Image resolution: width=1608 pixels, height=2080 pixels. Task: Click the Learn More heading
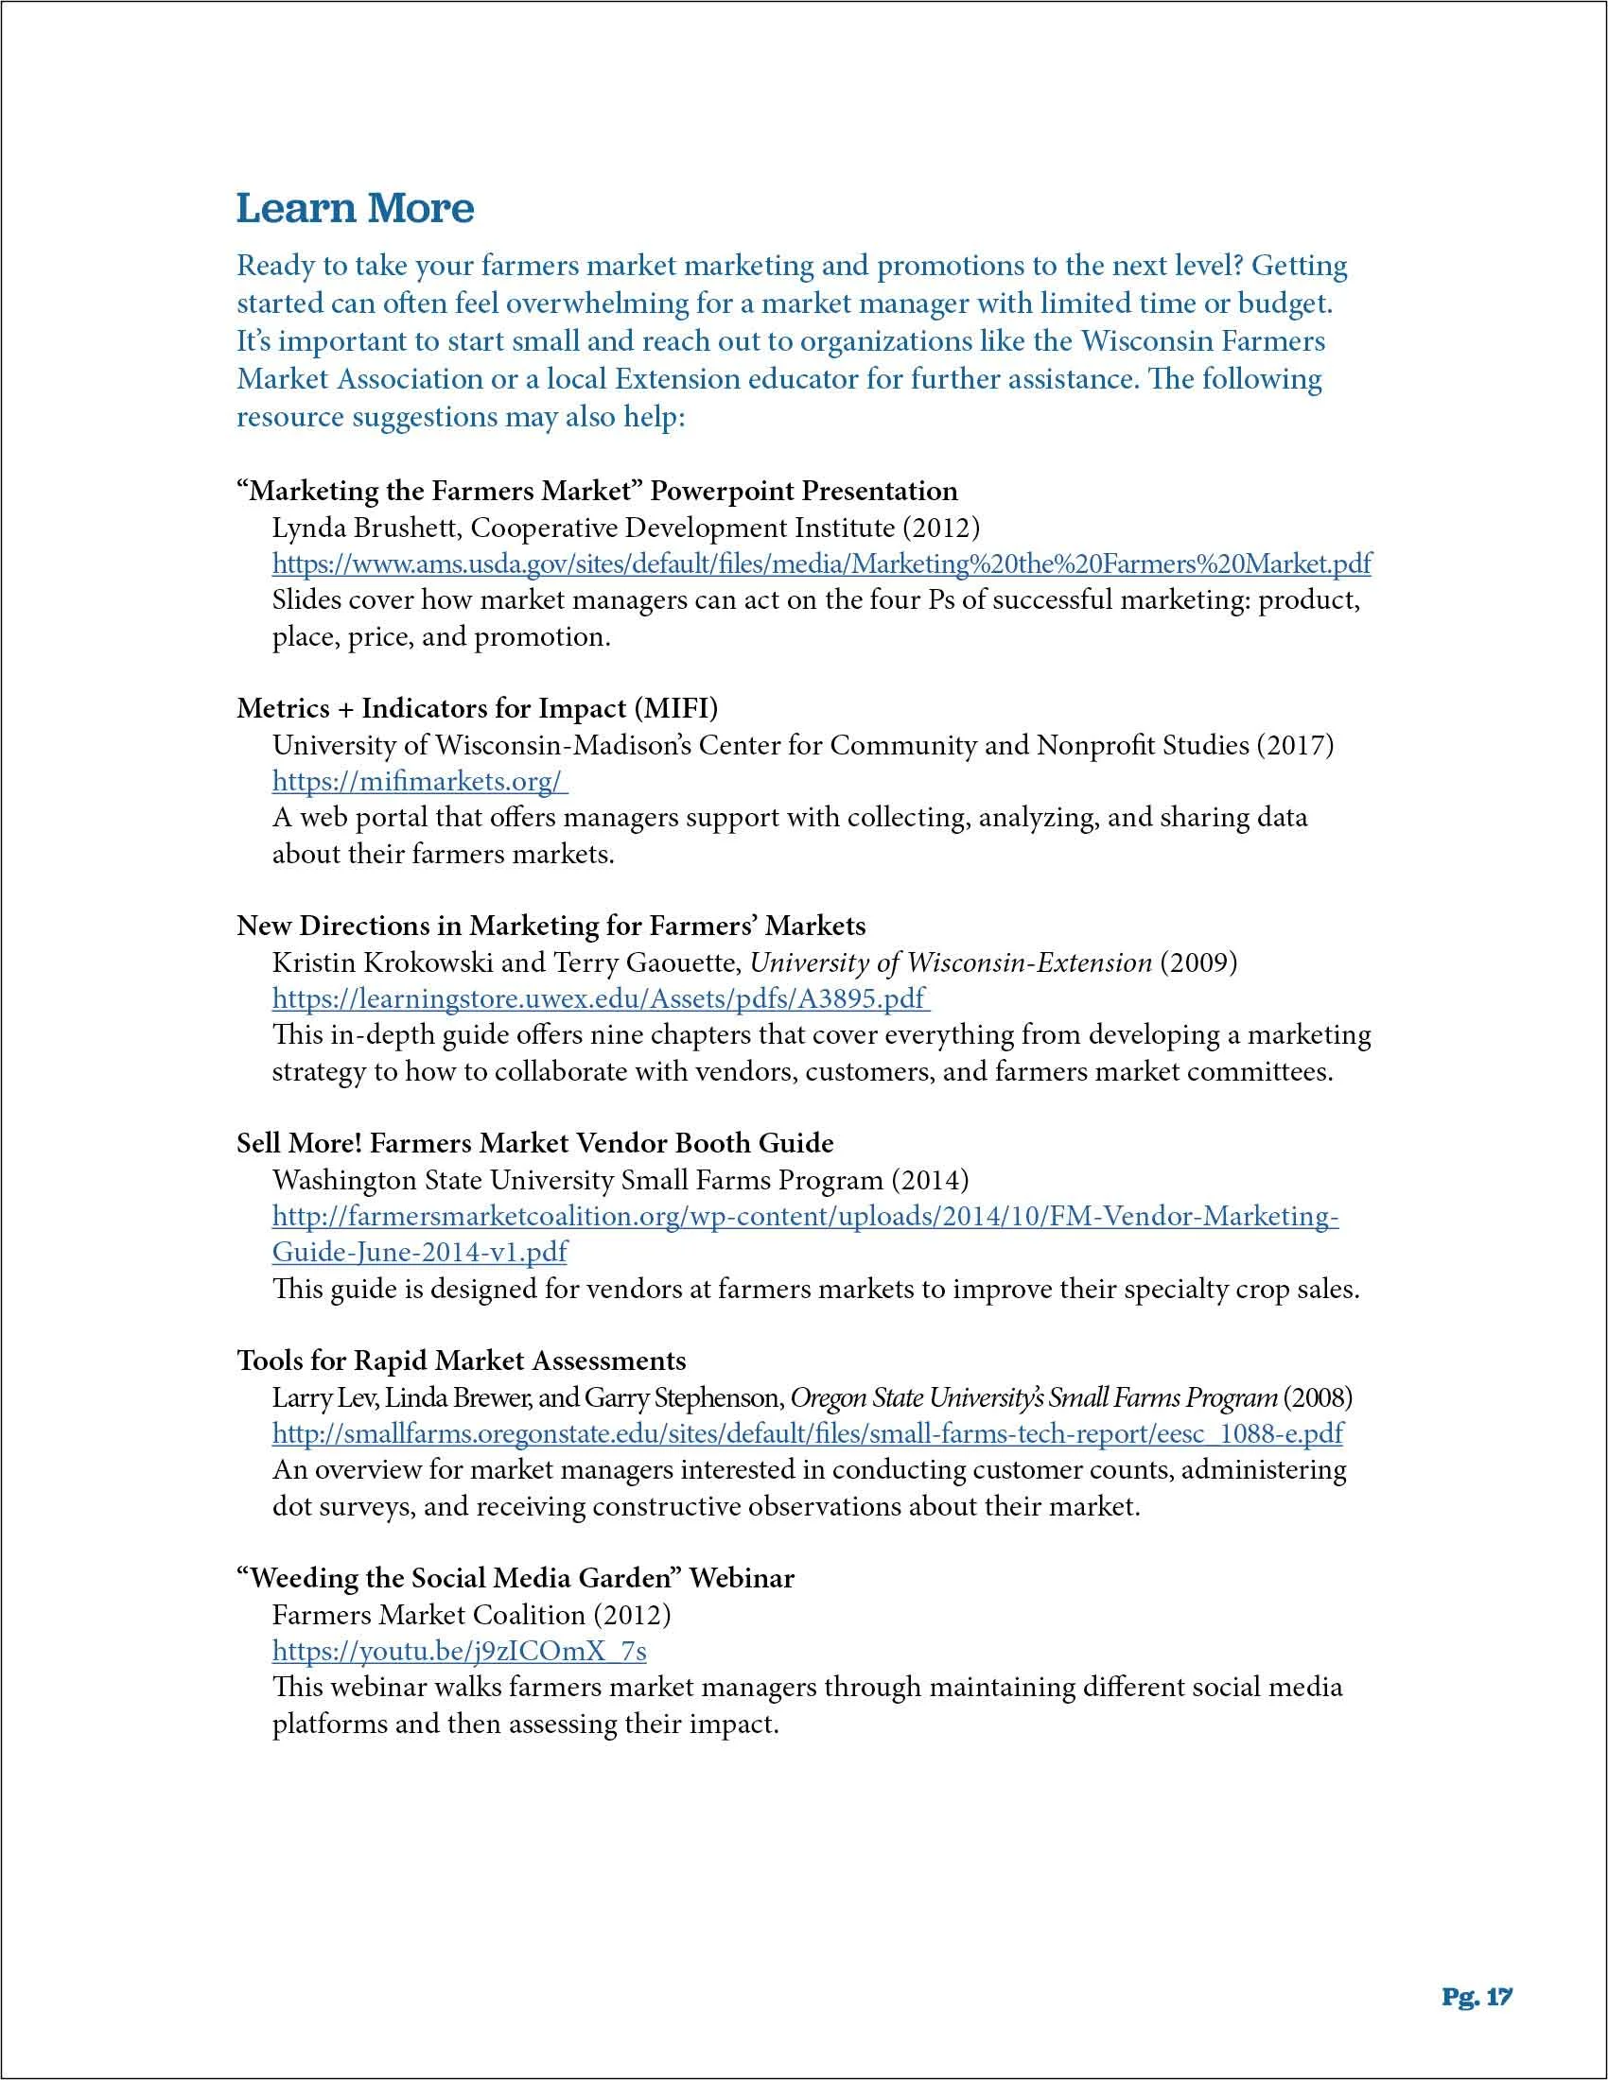[x=355, y=209]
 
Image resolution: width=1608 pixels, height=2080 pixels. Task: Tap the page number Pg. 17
[x=1477, y=1997]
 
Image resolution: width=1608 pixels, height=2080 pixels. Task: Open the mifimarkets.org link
[x=418, y=781]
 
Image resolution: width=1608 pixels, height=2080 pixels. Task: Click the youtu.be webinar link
[x=459, y=1651]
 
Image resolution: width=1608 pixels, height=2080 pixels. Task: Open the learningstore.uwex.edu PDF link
[x=599, y=998]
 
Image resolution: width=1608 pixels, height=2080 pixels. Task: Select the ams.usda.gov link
[x=821, y=563]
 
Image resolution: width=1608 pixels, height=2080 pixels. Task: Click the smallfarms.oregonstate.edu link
[x=808, y=1433]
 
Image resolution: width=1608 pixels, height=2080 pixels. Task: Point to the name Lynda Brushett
[x=367, y=528]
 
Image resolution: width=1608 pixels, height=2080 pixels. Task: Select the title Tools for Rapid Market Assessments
[x=461, y=1360]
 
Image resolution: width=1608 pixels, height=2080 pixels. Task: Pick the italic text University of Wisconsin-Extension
[x=951, y=962]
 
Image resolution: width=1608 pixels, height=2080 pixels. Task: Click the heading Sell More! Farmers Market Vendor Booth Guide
[x=534, y=1143]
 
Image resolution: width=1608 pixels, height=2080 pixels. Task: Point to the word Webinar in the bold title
[x=742, y=1578]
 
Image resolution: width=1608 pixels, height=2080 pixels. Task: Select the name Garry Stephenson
[x=683, y=1398]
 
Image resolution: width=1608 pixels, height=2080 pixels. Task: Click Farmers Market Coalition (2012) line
[x=472, y=1614]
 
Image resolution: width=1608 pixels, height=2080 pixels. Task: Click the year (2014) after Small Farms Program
[x=930, y=1180]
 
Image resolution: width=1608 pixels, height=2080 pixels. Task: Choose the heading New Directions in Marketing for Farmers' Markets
[x=551, y=926]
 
